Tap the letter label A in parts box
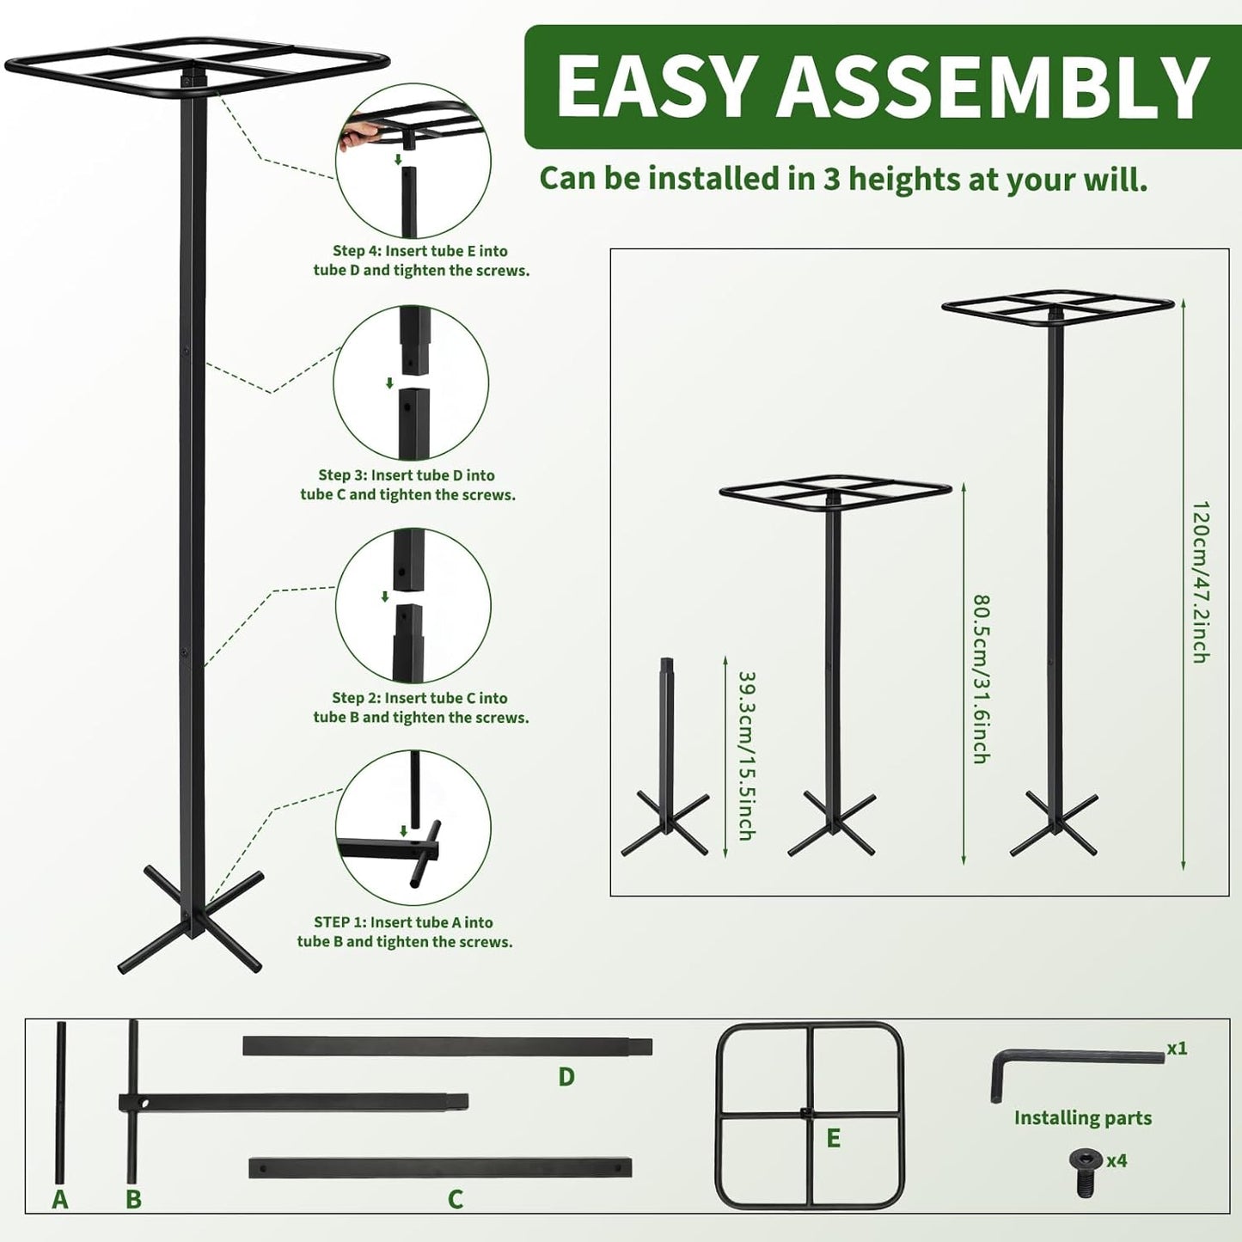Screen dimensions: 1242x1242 [59, 1199]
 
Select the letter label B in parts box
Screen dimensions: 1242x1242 [133, 1199]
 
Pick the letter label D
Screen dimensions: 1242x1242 [566, 1076]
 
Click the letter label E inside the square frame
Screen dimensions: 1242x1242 [833, 1138]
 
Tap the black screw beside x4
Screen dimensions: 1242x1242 [1085, 1170]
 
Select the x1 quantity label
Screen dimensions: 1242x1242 [1177, 1049]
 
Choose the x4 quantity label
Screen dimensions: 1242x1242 [1117, 1160]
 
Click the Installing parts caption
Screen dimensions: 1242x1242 [1082, 1117]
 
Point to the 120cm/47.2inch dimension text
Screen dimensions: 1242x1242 [1201, 581]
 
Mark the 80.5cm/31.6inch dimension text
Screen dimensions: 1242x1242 [981, 678]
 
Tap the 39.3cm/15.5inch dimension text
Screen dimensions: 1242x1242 [746, 755]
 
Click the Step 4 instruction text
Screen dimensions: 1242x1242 [421, 260]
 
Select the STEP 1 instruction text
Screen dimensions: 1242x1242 [405, 932]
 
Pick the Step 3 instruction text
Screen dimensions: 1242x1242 [407, 485]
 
